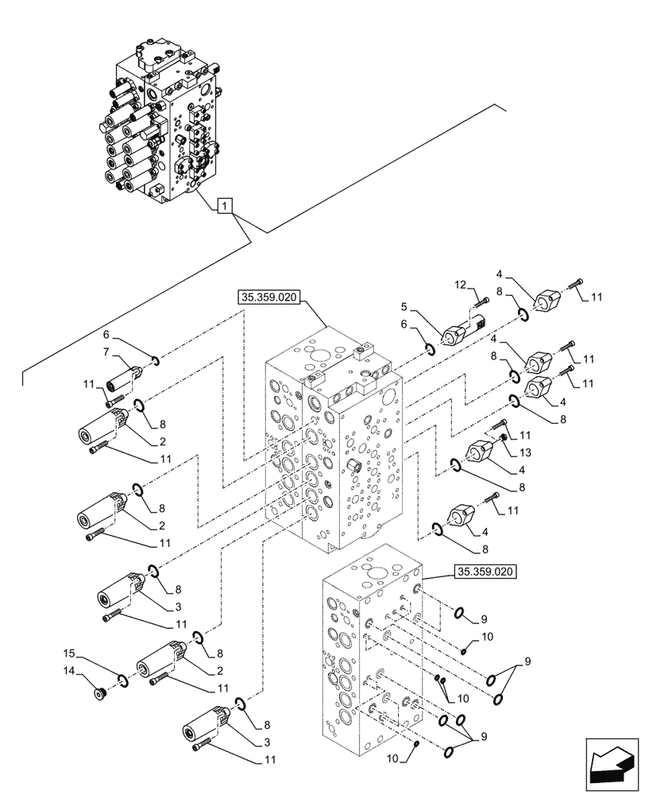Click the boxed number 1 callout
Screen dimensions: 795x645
tap(226, 207)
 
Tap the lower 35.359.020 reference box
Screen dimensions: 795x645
tap(485, 571)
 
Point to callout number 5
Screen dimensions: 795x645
tap(404, 306)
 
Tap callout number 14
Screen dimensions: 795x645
tap(69, 671)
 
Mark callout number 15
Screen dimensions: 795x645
tap(69, 653)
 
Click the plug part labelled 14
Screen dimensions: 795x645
tap(99, 694)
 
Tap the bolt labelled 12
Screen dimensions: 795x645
tap(482, 301)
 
